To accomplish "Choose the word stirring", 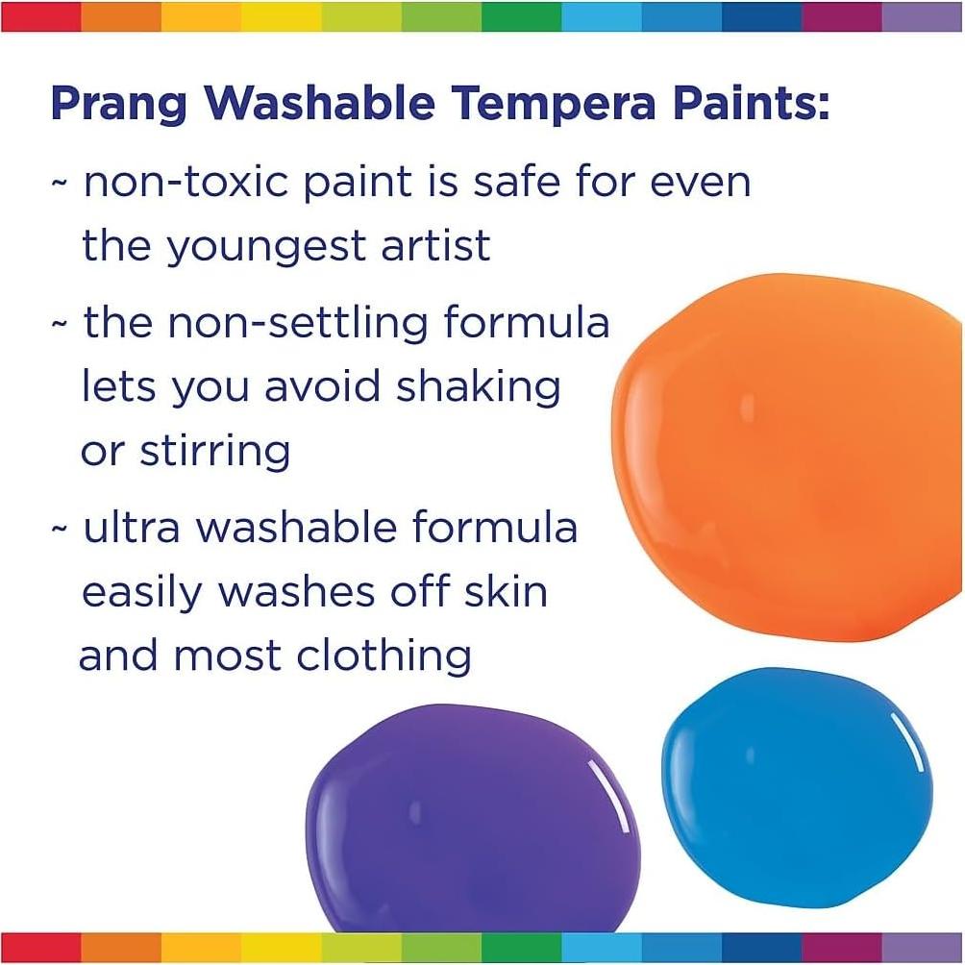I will tap(215, 450).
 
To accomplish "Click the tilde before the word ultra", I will tap(60, 530).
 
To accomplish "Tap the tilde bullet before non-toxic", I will tap(60, 184).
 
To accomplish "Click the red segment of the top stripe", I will tap(40, 16).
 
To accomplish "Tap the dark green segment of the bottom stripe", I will tap(520, 947).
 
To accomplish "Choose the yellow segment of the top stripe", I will tap(281, 16).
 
